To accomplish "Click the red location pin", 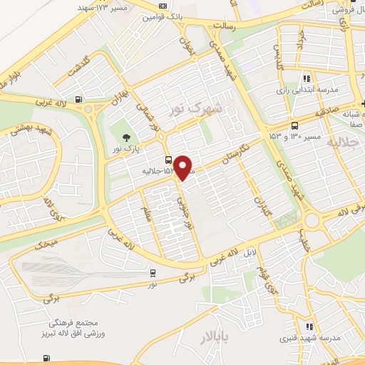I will coord(183,167).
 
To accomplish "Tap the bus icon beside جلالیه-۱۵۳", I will coord(168,160).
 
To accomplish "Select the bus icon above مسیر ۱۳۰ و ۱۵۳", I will coord(294,125).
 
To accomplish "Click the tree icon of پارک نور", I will coord(127,138).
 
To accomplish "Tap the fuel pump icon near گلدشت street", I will coord(77,100).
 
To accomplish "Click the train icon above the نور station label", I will coord(153,272).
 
